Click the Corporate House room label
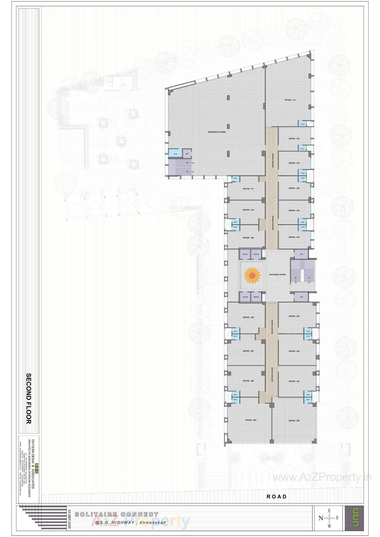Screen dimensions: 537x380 (x=217, y=132)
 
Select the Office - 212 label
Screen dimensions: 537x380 (x=290, y=100)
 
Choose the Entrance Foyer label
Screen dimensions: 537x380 (x=277, y=275)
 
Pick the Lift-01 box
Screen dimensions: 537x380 (x=245, y=254)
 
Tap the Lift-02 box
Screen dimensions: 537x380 (x=256, y=254)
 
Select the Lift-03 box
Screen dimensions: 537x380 (x=256, y=297)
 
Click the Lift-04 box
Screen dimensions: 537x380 (x=245, y=297)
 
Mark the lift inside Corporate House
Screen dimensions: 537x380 (x=187, y=154)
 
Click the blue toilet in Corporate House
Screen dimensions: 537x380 (x=175, y=154)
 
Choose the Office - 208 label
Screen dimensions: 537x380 (x=248, y=317)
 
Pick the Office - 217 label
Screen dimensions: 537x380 (x=294, y=237)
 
